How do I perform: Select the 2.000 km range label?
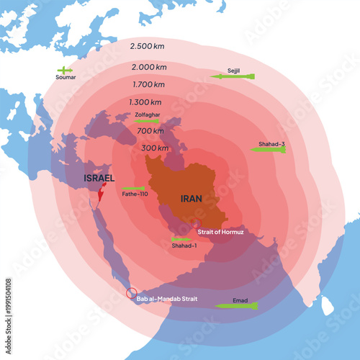point(149,67)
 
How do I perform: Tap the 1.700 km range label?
point(149,84)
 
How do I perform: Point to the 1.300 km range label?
point(145,102)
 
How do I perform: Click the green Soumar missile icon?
point(65,70)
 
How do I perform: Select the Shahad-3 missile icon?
point(267,149)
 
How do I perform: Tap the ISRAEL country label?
point(99,178)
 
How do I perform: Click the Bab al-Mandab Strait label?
point(167,297)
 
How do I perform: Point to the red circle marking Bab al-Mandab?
point(131,293)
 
